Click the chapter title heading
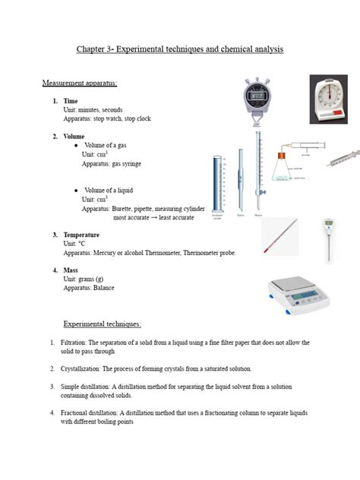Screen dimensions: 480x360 pyautogui.click(x=180, y=49)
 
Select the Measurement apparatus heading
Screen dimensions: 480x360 pyautogui.click(x=79, y=82)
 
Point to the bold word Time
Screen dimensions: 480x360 pyautogui.click(x=71, y=101)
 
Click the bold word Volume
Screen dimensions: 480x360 pyautogui.click(x=74, y=136)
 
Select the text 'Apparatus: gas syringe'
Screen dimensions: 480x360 pyautogui.click(x=111, y=163)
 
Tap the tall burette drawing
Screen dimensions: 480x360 pyautogui.click(x=258, y=171)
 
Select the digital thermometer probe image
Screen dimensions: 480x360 pyautogui.click(x=329, y=235)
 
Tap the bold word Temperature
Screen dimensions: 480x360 pyautogui.click(x=81, y=235)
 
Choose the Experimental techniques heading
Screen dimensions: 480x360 pyautogui.click(x=102, y=324)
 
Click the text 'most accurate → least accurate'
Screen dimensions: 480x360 pyautogui.click(x=153, y=217)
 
